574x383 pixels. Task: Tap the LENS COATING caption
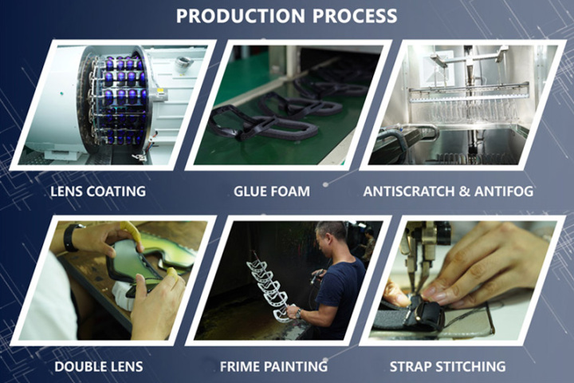pos(97,191)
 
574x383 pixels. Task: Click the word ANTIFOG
pos(503,191)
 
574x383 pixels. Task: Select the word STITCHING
pos(471,366)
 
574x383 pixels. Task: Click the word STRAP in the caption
pos(411,366)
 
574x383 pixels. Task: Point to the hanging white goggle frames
pos(268,283)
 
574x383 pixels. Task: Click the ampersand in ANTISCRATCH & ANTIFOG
pos(462,191)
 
